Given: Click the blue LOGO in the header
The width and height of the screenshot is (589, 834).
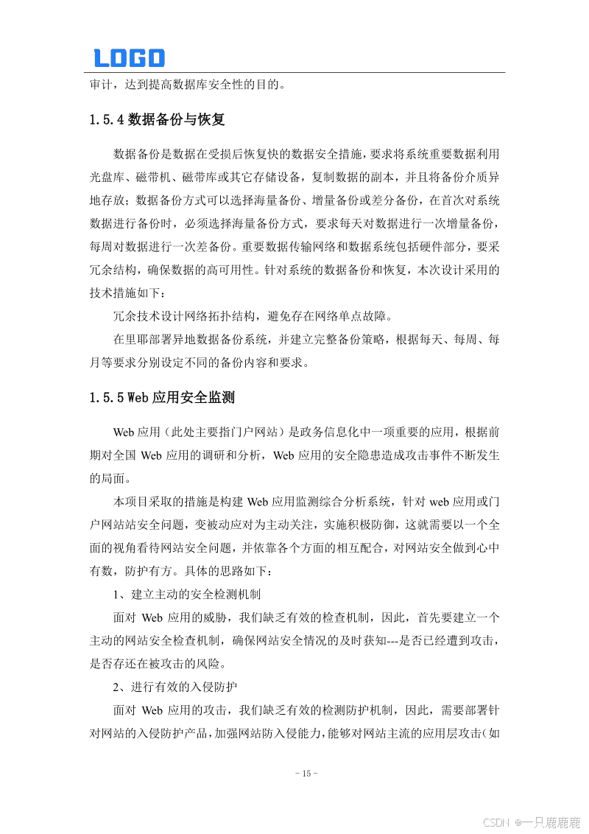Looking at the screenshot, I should [x=129, y=57].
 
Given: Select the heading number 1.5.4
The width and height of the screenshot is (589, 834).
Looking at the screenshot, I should [x=106, y=120].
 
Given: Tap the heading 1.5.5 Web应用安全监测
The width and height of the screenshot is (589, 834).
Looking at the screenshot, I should [x=162, y=399].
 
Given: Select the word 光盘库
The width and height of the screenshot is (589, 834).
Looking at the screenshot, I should [x=107, y=177].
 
